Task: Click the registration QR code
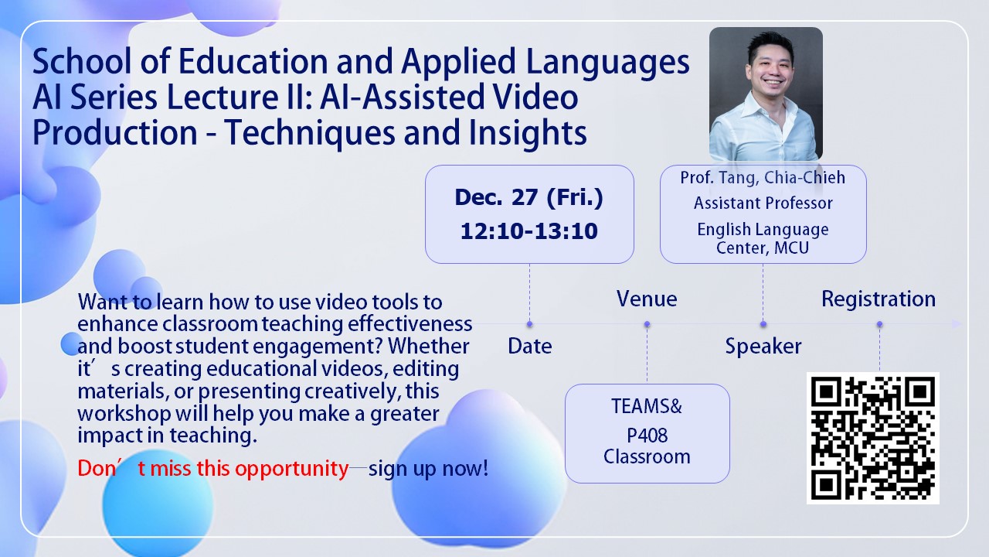872,438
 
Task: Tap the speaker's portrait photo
766,94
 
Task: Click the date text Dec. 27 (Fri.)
529,197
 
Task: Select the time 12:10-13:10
529,231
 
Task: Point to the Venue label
647,299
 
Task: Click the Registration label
879,299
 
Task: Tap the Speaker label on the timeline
763,346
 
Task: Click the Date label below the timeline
530,346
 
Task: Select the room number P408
647,436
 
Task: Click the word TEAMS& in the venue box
647,406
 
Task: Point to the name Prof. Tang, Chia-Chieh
763,177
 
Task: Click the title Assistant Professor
763,203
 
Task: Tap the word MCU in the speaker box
792,248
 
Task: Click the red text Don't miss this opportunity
213,469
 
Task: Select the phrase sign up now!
428,469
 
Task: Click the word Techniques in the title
309,132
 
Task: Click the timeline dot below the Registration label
879,324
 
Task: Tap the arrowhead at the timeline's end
957,324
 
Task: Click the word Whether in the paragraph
428,346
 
